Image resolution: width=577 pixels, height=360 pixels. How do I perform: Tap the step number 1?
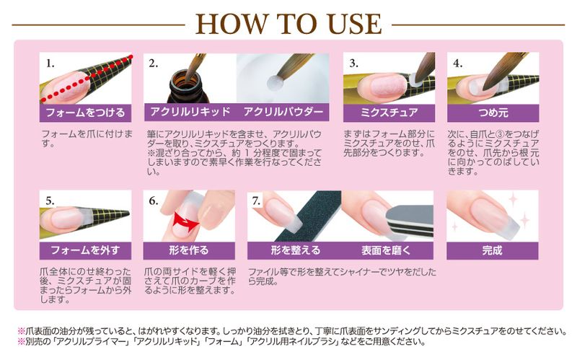(50, 63)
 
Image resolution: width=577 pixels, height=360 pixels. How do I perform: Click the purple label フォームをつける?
(85, 113)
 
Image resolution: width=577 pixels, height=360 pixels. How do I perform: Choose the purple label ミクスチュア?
(389, 113)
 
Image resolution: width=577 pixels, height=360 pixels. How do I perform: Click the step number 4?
(457, 63)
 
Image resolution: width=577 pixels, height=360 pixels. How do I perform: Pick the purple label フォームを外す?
(85, 250)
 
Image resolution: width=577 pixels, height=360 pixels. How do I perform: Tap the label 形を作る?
(190, 250)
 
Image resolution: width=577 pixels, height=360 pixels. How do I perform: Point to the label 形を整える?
(295, 250)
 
